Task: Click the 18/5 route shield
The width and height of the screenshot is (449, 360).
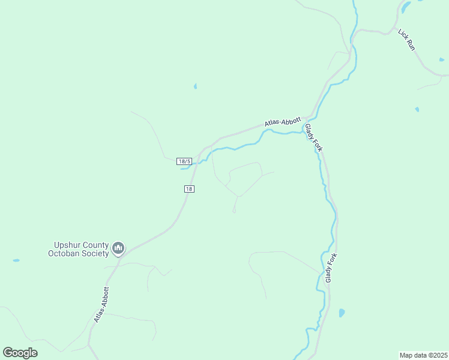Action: (x=184, y=161)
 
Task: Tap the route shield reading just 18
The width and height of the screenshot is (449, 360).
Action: (x=189, y=189)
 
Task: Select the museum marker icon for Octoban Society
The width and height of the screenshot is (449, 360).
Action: (x=119, y=248)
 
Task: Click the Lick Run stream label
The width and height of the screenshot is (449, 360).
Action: (x=407, y=39)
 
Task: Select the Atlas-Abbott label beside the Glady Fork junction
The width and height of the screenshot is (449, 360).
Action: (x=282, y=122)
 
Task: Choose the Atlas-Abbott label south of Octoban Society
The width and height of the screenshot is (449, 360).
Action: (x=101, y=305)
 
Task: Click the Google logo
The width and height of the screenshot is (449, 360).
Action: (x=20, y=353)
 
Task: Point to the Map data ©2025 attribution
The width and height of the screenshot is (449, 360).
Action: (x=424, y=355)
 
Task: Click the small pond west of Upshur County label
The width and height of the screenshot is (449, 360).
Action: (x=16, y=260)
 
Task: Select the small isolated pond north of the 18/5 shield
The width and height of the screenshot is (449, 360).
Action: (x=195, y=86)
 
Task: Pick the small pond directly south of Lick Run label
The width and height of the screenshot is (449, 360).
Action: (x=417, y=109)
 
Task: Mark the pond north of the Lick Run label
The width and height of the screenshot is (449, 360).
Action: (x=406, y=7)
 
